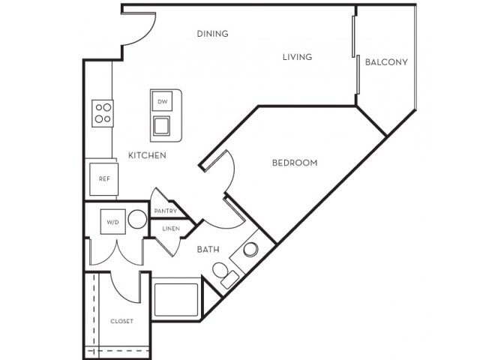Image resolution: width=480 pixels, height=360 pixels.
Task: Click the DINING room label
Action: (x=212, y=34)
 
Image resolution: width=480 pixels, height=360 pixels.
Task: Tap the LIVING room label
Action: (x=297, y=57)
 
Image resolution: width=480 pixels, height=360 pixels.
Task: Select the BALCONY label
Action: (x=386, y=62)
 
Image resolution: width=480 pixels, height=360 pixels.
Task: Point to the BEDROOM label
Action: (x=294, y=163)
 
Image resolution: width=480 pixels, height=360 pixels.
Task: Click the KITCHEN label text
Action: (x=147, y=155)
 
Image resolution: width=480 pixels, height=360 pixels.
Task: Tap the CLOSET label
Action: (x=121, y=321)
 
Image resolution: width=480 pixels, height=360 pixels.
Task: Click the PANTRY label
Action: (x=165, y=211)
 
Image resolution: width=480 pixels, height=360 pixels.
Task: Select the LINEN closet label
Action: (x=170, y=229)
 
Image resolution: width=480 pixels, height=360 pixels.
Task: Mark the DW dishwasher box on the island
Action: (x=162, y=101)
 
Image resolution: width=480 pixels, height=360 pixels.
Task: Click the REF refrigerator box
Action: (x=104, y=179)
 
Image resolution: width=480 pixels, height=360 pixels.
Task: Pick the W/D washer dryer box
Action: (x=112, y=222)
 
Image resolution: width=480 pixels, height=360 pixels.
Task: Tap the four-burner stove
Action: (x=103, y=113)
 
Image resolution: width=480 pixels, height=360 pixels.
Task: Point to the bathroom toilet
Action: (x=223, y=273)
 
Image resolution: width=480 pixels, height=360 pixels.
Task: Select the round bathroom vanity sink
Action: (x=251, y=249)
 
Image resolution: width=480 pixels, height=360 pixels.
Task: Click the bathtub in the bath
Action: (x=175, y=298)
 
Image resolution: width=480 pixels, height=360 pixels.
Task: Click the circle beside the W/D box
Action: (x=136, y=220)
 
